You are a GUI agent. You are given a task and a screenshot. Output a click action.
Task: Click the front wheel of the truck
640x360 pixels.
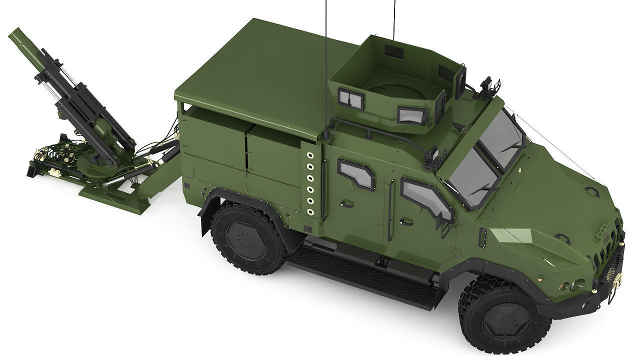click(505, 314)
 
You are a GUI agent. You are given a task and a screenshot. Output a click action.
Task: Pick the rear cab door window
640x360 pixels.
click(357, 173)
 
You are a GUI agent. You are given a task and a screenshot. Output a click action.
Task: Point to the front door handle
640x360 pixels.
click(406, 221)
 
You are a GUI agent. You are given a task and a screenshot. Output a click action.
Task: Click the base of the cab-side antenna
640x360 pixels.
click(325, 134)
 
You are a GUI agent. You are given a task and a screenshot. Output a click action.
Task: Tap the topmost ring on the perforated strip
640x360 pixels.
click(310, 154)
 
